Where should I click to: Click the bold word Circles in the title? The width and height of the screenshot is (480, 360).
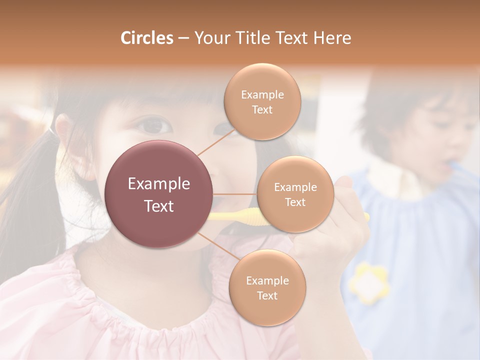click(x=146, y=38)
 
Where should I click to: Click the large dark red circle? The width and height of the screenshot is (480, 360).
click(x=159, y=194)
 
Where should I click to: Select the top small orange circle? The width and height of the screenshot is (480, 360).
click(x=262, y=101)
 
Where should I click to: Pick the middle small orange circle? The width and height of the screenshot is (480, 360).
click(x=295, y=194)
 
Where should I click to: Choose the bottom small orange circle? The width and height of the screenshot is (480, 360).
click(x=267, y=287)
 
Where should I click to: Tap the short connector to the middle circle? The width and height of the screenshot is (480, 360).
click(x=235, y=194)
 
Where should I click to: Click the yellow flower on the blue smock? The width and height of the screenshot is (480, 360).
click(x=369, y=283)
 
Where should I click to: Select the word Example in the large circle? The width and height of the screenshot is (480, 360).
click(x=159, y=184)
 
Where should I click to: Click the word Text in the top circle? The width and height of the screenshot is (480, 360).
click(x=262, y=109)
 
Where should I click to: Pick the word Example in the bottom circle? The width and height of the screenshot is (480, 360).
click(x=267, y=280)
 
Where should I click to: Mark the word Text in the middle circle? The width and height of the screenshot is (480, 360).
click(x=295, y=202)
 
